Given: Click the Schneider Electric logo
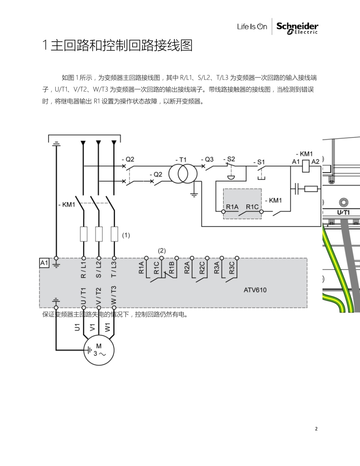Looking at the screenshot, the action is coord(297,28).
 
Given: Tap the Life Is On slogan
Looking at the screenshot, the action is coord(252,27).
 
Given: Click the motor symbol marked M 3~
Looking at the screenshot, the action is coord(99,350).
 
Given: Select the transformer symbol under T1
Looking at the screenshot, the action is coord(183,174).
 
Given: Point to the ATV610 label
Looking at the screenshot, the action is coord(255,290).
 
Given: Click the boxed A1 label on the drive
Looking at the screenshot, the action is coord(44,263).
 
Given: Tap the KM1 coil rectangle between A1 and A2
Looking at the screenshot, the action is coord(306,166).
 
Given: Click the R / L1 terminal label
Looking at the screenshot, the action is coord(83,270).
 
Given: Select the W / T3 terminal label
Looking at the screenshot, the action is coord(114,295).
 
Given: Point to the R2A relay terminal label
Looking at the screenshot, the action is coord(187,267).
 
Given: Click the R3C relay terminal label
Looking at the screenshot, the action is coord(232,268).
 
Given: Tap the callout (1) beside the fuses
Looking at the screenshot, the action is coord(126,235).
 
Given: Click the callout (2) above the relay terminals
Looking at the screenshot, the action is coord(162,250).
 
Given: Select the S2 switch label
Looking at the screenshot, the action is coord(229,159).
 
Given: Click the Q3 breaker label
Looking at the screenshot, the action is coord(207,160).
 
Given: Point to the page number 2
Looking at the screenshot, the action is coord(316,429).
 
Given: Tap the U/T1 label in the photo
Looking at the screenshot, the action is coord(343,212).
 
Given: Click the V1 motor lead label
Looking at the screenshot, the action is coord(92,327).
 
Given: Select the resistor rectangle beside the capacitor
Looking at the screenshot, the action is coord(311,189).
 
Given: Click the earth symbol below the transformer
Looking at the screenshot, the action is coord(194,195).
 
